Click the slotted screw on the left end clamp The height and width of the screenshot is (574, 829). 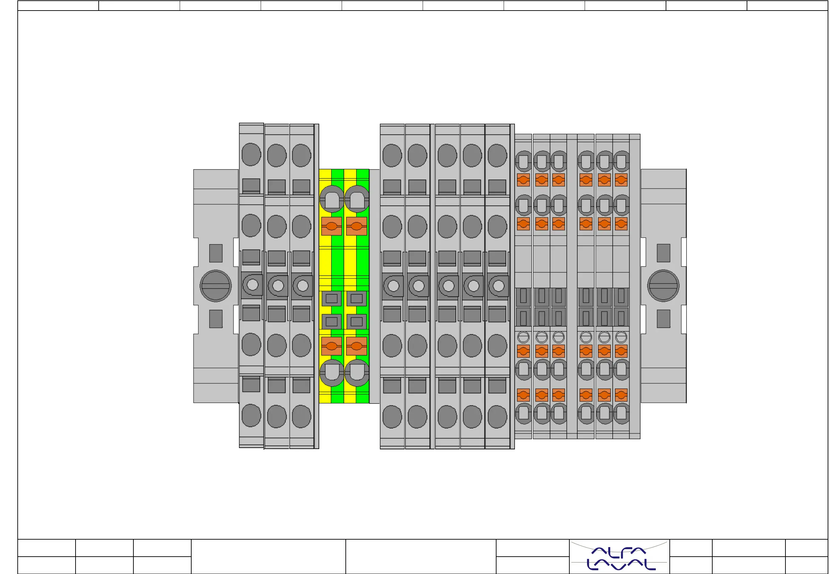(x=215, y=286)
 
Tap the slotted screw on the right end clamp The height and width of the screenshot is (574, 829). (x=663, y=286)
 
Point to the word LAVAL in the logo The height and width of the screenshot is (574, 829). (x=621, y=565)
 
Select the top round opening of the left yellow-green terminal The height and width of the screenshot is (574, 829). (x=331, y=199)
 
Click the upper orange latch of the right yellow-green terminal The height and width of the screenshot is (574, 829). (x=357, y=226)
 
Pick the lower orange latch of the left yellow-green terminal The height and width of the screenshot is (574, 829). (x=331, y=346)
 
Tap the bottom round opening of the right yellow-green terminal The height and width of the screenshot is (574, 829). (x=357, y=372)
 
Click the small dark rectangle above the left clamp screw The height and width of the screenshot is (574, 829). (x=216, y=253)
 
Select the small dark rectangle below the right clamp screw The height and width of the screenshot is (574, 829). (x=663, y=319)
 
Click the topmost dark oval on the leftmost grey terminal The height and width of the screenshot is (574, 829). (x=251, y=154)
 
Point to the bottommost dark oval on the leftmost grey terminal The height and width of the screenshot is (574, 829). (x=251, y=415)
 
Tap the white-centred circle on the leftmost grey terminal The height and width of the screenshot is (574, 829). (x=253, y=285)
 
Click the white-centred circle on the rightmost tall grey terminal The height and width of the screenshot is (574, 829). (x=498, y=286)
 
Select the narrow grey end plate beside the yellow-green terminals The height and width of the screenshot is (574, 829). (x=374, y=286)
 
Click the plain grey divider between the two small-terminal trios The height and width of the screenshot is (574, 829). (x=572, y=286)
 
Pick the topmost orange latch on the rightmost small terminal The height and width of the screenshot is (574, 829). (x=621, y=180)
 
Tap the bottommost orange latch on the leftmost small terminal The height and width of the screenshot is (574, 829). (x=523, y=395)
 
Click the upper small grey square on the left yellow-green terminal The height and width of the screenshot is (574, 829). (x=331, y=299)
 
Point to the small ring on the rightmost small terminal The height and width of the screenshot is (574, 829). (x=621, y=337)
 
